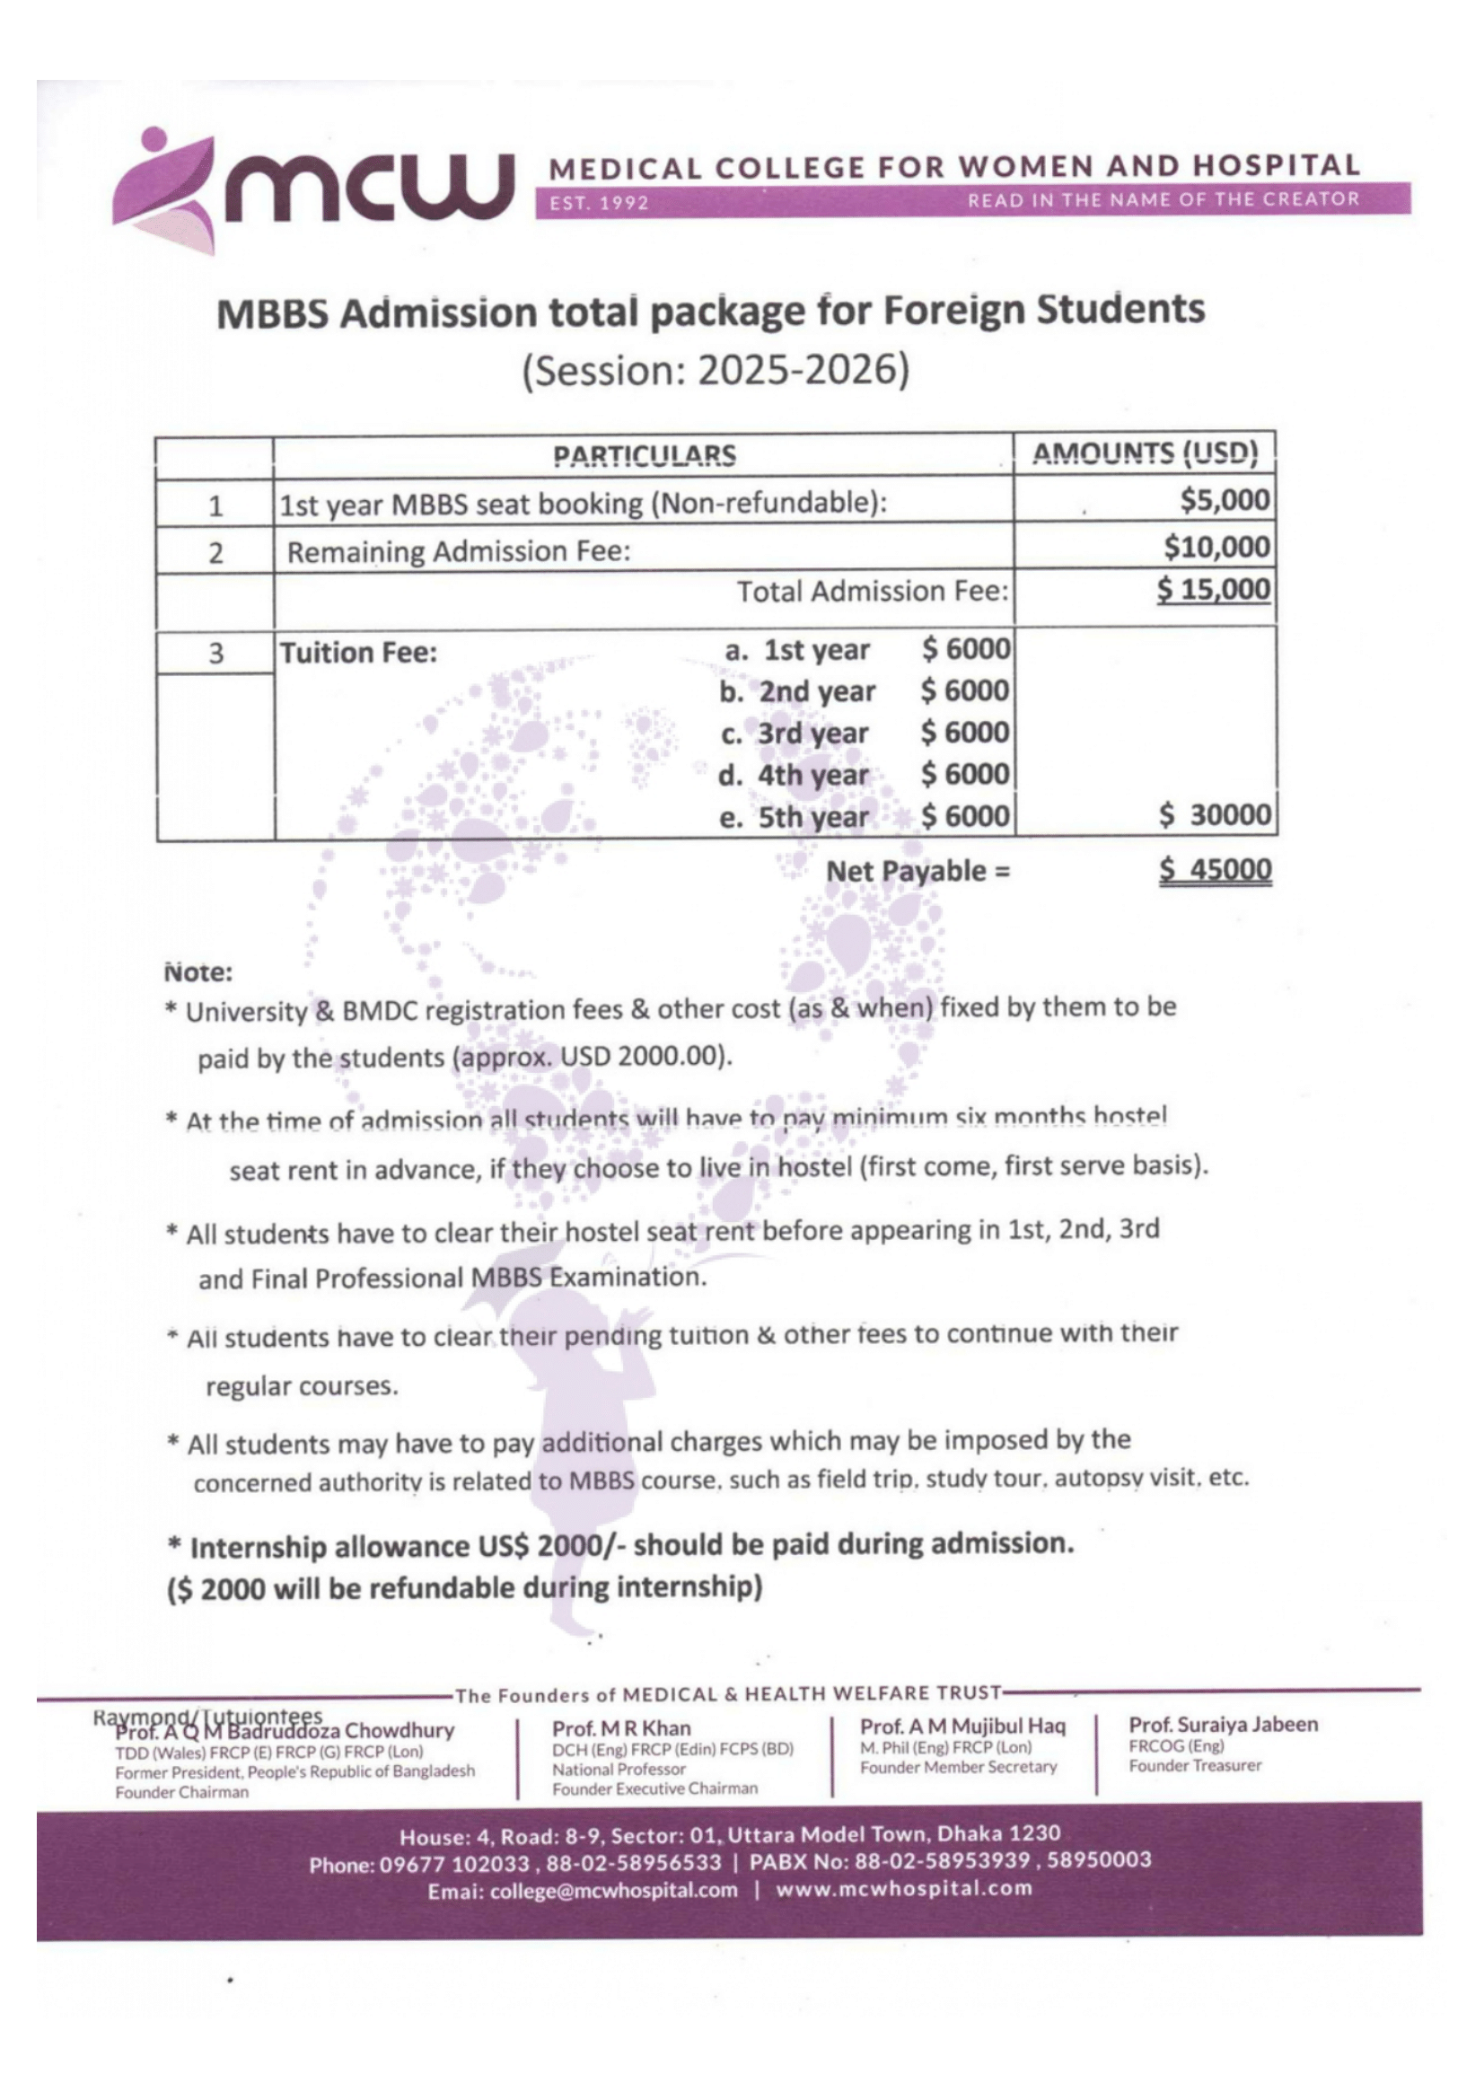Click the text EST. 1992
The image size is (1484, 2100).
(x=599, y=202)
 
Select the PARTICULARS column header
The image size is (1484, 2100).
(x=644, y=455)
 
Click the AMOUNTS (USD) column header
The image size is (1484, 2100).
(x=1145, y=453)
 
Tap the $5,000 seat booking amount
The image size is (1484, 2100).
(x=1225, y=500)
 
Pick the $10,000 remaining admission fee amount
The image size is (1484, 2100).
(x=1216, y=547)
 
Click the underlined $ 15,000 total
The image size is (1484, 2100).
(x=1213, y=589)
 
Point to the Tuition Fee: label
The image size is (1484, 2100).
(x=357, y=653)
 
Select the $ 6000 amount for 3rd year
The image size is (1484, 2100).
(x=965, y=733)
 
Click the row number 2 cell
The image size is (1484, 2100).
(x=215, y=552)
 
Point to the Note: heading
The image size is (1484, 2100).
(x=198, y=972)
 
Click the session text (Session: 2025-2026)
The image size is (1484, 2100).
(x=716, y=371)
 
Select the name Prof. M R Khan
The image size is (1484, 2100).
(x=621, y=1727)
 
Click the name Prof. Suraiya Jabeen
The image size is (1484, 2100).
(x=1223, y=1724)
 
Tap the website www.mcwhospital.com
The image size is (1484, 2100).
(x=903, y=1889)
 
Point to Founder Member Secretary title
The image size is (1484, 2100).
(x=957, y=1767)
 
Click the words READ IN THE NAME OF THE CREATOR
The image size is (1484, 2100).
(x=1163, y=199)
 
